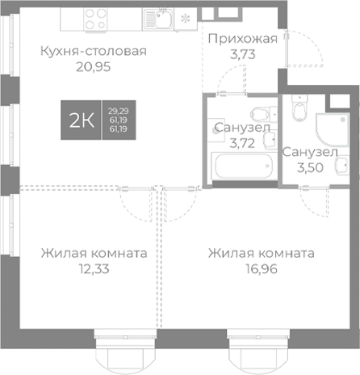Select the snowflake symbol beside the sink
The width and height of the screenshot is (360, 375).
[186, 18]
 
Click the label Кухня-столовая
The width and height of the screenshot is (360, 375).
[93, 52]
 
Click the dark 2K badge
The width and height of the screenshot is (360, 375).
[82, 121]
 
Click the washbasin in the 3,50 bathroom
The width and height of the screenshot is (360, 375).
[333, 103]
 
